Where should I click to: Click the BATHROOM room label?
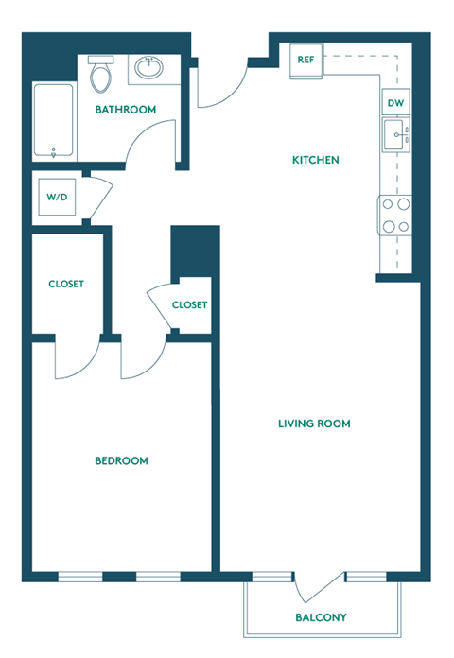125,110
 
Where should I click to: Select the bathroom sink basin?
148,68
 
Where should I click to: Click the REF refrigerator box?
306,60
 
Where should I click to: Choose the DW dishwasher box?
395,103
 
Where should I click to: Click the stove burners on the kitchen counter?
395,215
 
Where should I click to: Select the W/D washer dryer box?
56,199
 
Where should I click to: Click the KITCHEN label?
315,160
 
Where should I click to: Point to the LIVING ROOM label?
314,424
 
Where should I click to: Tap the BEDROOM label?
121,460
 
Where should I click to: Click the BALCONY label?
321,617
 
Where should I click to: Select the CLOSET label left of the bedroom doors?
66,284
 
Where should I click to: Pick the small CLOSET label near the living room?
189,304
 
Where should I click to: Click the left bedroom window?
80,576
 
